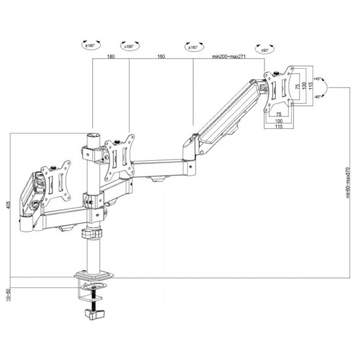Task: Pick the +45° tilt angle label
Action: point(318,79)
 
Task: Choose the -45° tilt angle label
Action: point(318,96)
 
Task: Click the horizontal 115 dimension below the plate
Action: point(279,127)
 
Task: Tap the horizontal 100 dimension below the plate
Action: point(279,120)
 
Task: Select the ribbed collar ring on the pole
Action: point(91,234)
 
